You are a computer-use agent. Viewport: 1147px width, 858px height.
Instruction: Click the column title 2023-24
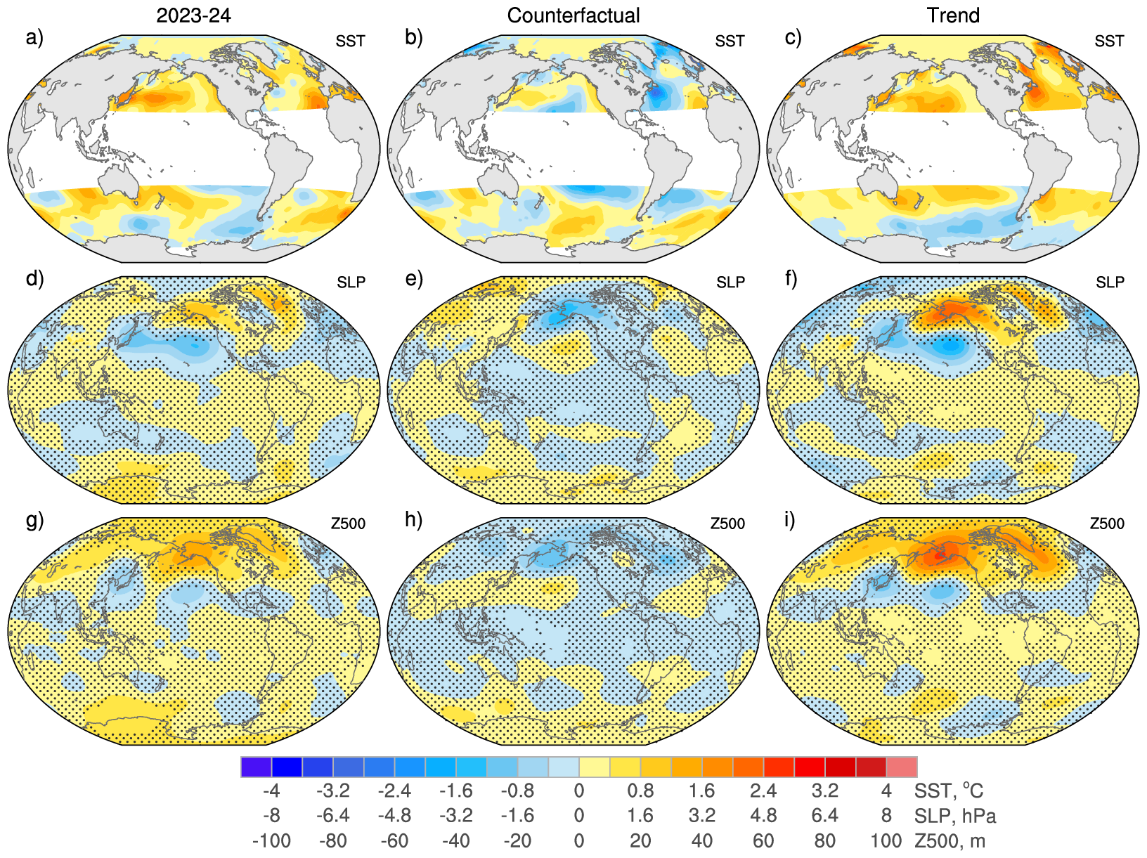(x=193, y=15)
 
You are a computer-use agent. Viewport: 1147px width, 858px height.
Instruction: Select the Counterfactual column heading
(x=573, y=15)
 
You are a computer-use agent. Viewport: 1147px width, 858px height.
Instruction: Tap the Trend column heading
(x=953, y=15)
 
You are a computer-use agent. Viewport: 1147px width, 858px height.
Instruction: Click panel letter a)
(x=34, y=37)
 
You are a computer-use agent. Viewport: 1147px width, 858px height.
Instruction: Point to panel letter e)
(x=414, y=279)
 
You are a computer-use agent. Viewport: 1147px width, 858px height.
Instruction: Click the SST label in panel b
(x=730, y=41)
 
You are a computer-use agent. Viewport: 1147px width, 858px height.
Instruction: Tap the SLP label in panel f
(x=1110, y=282)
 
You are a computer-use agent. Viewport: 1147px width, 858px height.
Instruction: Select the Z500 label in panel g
(x=348, y=524)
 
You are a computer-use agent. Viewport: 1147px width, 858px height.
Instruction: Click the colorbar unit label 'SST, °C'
(x=949, y=791)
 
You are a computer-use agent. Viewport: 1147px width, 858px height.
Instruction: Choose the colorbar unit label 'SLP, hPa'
(x=955, y=816)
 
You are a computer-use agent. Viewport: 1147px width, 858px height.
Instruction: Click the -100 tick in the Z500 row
(x=271, y=840)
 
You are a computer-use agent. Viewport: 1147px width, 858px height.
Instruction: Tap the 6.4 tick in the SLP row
(x=824, y=816)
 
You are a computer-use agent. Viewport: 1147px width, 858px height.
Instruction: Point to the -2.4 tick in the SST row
(x=394, y=791)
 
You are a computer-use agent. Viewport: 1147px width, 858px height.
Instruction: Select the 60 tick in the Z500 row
(x=763, y=840)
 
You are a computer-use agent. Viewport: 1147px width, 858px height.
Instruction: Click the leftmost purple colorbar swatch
(x=256, y=767)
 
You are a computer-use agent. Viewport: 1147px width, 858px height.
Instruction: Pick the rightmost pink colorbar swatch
(x=902, y=767)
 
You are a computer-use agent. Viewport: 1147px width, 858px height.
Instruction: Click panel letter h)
(x=414, y=520)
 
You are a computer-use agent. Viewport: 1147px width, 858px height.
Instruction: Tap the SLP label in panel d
(x=351, y=282)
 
